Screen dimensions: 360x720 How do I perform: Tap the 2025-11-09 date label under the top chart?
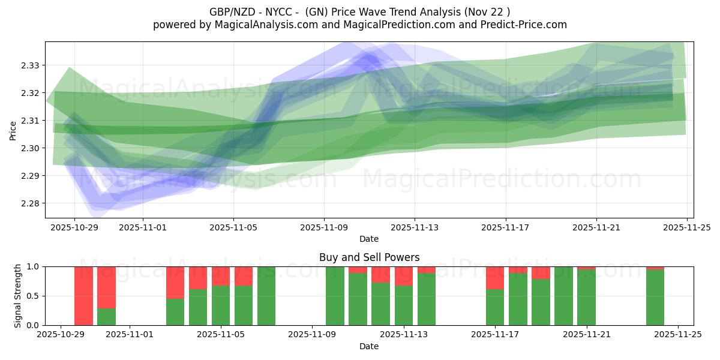(x=324, y=228)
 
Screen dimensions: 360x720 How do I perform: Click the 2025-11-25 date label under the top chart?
(x=687, y=228)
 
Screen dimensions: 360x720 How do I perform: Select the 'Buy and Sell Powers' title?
(x=369, y=257)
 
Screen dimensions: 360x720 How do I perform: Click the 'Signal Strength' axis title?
(x=18, y=296)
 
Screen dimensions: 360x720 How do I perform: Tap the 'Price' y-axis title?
(x=13, y=130)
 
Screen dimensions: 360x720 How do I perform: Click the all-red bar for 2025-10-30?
(x=84, y=296)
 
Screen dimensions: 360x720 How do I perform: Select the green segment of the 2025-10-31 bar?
(x=106, y=317)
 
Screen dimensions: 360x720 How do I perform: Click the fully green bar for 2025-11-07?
(x=266, y=296)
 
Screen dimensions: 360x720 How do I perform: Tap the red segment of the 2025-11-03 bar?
(x=175, y=282)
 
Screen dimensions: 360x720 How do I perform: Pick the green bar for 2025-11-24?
(x=655, y=298)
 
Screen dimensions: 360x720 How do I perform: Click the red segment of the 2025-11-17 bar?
(x=495, y=278)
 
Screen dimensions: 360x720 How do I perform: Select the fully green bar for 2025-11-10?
(x=335, y=296)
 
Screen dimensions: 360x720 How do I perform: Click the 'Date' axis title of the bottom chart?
(x=369, y=346)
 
